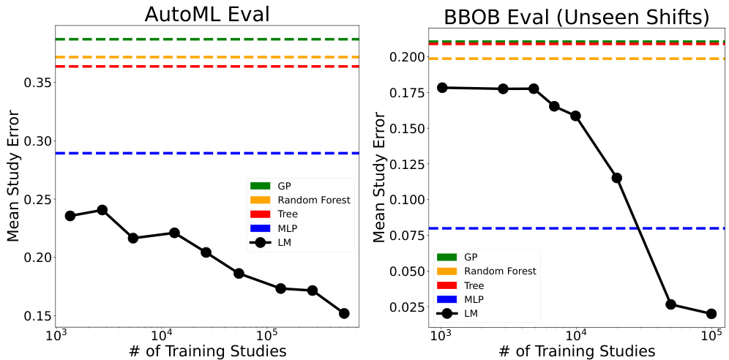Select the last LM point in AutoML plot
(344, 313)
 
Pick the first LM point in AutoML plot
(70, 216)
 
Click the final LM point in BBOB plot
(711, 314)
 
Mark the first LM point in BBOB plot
(441, 88)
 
